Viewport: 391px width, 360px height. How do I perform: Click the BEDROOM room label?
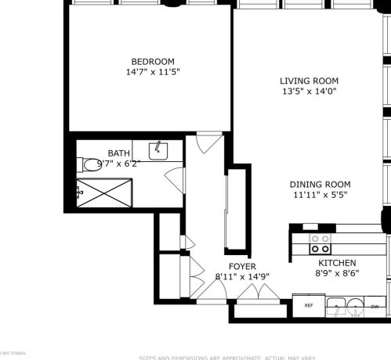point(152,62)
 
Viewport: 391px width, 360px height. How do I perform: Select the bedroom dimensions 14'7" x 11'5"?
point(152,72)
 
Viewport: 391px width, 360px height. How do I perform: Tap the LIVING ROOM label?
point(309,81)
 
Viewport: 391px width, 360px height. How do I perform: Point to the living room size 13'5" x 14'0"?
point(309,92)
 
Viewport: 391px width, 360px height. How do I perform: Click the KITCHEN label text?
point(337,264)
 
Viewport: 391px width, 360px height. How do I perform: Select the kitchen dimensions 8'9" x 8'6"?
point(337,275)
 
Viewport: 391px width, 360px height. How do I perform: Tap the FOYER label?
point(242,266)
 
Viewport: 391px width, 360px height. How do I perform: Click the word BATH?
point(119,153)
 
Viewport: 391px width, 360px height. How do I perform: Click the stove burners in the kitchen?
point(320,243)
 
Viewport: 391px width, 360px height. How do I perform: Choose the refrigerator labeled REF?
point(309,305)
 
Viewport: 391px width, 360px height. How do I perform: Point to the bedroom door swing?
point(206,144)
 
